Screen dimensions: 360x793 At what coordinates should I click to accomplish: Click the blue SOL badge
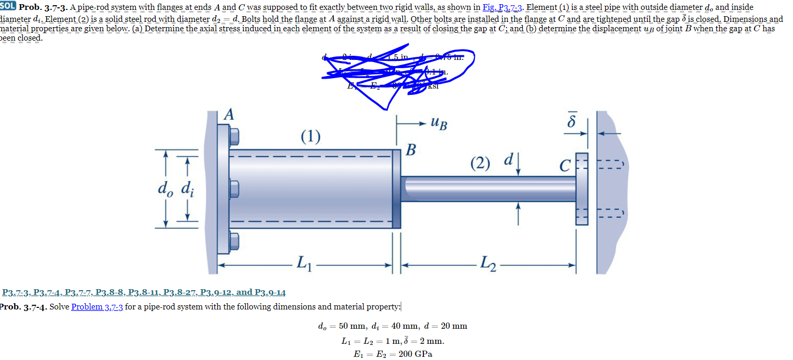tap(8, 8)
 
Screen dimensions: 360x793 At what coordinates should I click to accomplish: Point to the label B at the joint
tap(411, 151)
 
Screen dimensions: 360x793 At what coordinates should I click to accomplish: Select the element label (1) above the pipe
tap(310, 136)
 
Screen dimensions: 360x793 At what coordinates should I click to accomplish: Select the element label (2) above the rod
tap(480, 163)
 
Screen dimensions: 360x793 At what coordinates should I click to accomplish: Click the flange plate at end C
tap(582, 189)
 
